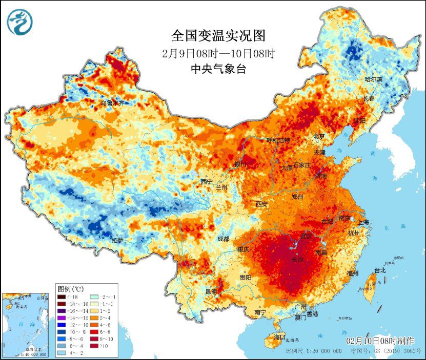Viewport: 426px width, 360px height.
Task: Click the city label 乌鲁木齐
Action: click(112, 103)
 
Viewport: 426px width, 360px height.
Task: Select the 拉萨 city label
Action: click(117, 240)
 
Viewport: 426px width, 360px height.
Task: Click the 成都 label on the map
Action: click(223, 238)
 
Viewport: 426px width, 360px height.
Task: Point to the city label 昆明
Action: click(211, 292)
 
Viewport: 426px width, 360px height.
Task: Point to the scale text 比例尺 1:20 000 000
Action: click(314, 352)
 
